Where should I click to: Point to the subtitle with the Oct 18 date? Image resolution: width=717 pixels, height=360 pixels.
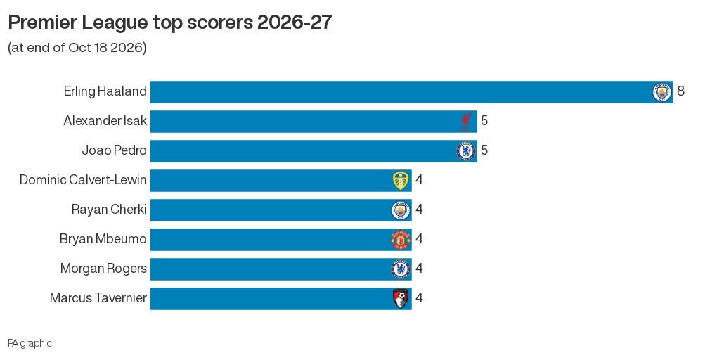coord(77,48)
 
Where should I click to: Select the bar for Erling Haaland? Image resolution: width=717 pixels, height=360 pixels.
coord(411,92)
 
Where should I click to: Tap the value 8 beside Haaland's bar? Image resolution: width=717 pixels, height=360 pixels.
coord(681,91)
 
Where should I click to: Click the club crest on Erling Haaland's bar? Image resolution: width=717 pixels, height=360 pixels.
coord(661,92)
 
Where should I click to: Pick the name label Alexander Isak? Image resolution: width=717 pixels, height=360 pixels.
coord(105,121)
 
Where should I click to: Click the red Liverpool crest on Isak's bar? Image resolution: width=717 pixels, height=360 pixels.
coord(465,122)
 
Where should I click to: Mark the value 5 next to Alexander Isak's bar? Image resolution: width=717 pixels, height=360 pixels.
coord(484,121)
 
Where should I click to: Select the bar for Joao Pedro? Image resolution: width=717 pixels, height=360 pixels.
coord(314,151)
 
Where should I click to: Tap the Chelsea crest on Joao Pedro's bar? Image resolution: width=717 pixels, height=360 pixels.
coord(465,151)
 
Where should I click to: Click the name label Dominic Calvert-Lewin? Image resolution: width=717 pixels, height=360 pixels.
coord(83,180)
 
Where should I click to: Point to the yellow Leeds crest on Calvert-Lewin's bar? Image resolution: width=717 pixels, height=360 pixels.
coord(401,181)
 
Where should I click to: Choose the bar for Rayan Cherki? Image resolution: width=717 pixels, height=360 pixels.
coord(280,210)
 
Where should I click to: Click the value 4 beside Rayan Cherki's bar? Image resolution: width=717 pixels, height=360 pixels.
coord(419,210)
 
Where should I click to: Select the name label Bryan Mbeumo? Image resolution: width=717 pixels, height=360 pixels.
coord(103,239)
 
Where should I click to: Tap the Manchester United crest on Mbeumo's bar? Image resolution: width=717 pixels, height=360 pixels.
coord(401,240)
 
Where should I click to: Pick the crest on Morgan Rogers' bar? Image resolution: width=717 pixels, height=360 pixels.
coord(401,269)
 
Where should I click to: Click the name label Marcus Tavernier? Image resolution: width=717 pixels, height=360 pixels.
coord(98,298)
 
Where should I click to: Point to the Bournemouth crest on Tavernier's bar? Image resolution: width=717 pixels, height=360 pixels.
coord(401,299)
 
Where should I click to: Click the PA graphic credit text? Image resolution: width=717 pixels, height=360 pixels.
coord(30,344)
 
